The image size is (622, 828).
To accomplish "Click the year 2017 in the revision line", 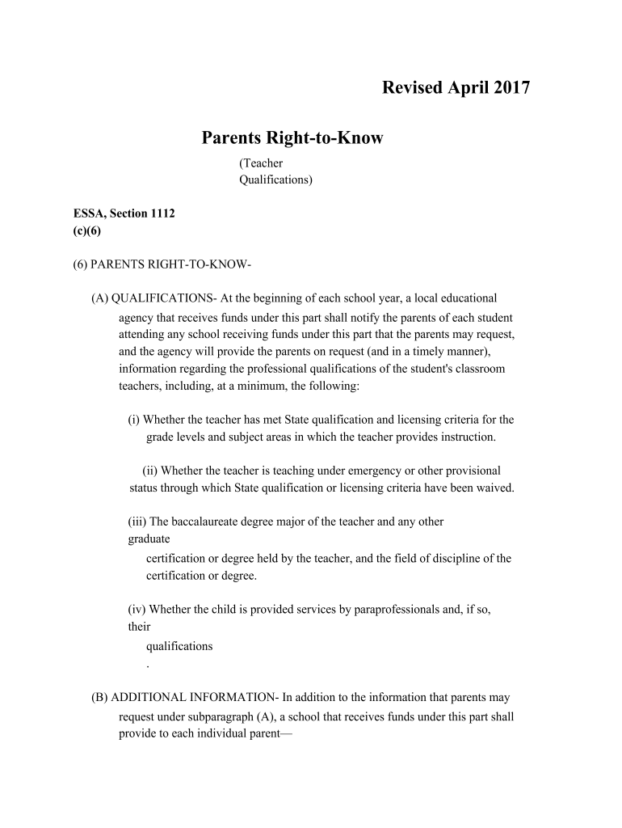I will pyautogui.click(x=509, y=88).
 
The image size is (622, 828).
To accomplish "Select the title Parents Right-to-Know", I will pyautogui.click(x=292, y=138).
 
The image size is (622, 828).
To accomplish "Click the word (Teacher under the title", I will pyautogui.click(x=260, y=163).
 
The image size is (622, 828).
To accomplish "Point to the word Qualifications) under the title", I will pyautogui.click(x=275, y=180).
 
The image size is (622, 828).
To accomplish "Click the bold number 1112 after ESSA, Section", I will pyautogui.click(x=158, y=213).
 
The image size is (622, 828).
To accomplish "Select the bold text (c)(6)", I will pyautogui.click(x=87, y=230).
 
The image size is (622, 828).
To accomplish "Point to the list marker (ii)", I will pyautogui.click(x=151, y=471).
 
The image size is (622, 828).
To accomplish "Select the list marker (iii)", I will pyautogui.click(x=137, y=522).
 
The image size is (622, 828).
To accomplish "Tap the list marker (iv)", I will pyautogui.click(x=137, y=609).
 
